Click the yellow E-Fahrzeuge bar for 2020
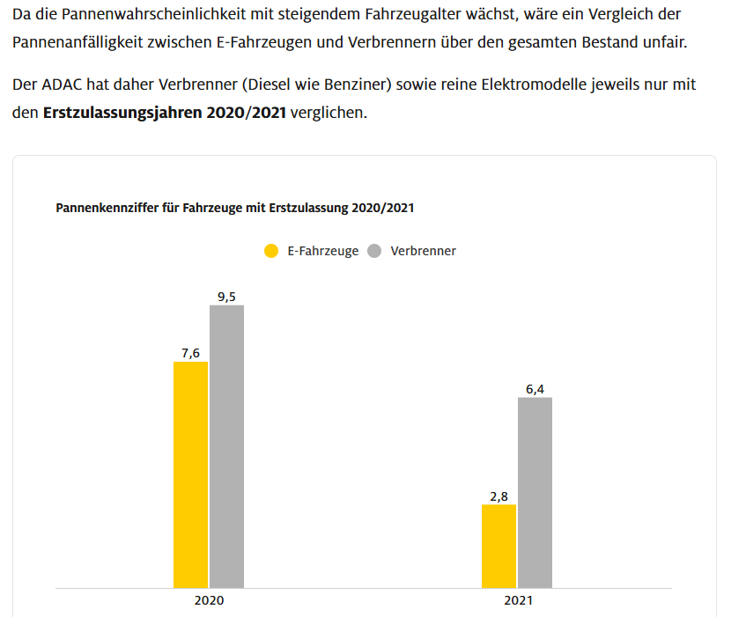190,474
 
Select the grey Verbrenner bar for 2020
226,446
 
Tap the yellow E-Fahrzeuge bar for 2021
498,546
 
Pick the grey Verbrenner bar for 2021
535,492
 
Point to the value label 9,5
226,297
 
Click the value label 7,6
190,353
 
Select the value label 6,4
535,389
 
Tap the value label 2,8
498,496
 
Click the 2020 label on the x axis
209,602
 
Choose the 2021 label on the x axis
518,602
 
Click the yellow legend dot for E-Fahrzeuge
272,251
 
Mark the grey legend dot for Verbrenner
374,251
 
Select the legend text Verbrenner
423,251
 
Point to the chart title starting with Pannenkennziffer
235,209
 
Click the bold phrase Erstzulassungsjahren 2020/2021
164,114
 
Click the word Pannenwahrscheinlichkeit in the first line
154,15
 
